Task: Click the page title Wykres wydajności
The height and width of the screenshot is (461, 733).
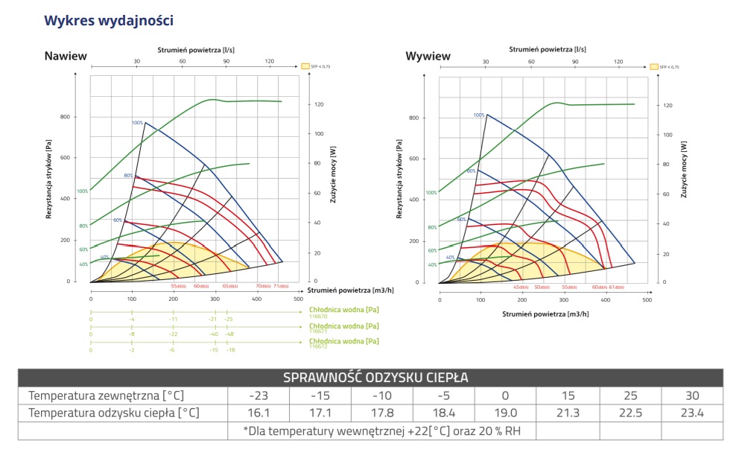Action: coord(109,20)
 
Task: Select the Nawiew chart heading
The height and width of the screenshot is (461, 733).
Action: coord(66,56)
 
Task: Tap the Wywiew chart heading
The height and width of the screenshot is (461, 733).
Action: coord(428,56)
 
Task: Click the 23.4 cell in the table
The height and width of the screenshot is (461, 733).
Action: coord(691,413)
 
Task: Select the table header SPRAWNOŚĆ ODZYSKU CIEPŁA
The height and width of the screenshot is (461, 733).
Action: coord(375,378)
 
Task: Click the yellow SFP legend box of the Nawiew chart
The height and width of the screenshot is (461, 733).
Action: coord(305,66)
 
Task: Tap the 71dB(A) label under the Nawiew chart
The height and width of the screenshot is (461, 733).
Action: coord(280,286)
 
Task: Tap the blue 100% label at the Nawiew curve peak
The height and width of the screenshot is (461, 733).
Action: coord(137,123)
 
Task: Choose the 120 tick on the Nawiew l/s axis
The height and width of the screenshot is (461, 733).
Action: coord(269,61)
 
